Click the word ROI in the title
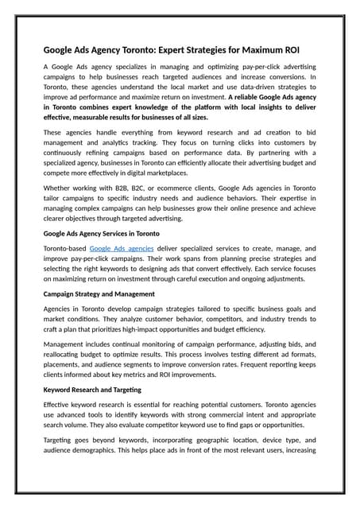303,47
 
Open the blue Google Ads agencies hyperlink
122,248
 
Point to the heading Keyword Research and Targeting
91,390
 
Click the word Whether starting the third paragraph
60,188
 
